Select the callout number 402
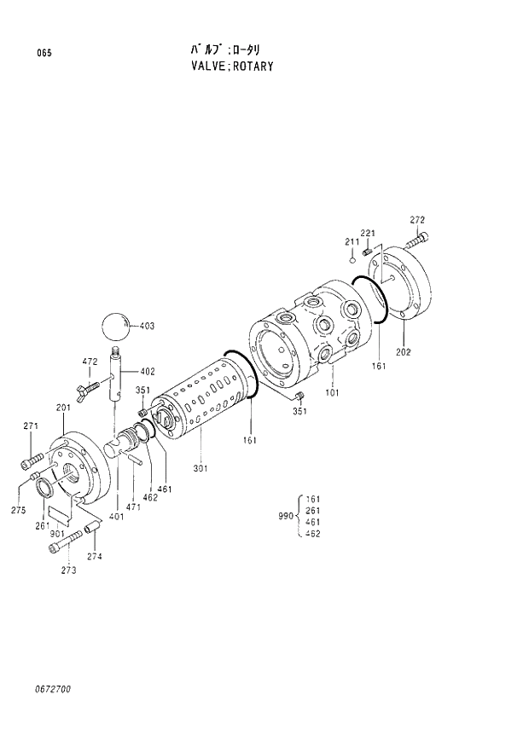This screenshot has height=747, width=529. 148,371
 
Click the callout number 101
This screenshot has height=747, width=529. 332,394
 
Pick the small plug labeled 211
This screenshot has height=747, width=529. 352,263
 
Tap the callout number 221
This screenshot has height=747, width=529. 368,234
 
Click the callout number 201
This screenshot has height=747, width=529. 63,408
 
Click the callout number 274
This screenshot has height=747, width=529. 94,556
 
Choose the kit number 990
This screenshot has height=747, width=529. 286,516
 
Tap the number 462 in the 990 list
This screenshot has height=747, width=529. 312,534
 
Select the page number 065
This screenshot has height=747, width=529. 44,54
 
